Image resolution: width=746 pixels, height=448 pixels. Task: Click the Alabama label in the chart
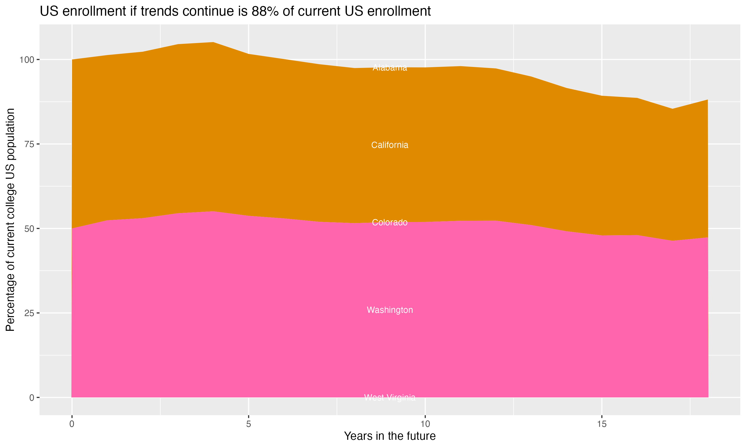click(390, 68)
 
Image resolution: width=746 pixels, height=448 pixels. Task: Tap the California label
click(390, 145)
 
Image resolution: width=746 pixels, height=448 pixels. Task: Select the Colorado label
click(390, 223)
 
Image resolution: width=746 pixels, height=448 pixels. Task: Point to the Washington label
click(390, 310)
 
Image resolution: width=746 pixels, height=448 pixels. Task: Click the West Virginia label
click(390, 397)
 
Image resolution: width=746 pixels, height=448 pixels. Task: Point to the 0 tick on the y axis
click(32, 397)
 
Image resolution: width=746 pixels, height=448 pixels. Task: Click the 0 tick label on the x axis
click(72, 424)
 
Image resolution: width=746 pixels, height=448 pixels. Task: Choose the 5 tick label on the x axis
click(248, 424)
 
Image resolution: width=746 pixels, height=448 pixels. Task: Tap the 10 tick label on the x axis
click(425, 424)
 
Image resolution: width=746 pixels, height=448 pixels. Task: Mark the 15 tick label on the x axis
click(602, 424)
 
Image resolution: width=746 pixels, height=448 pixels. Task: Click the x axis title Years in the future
click(390, 436)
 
